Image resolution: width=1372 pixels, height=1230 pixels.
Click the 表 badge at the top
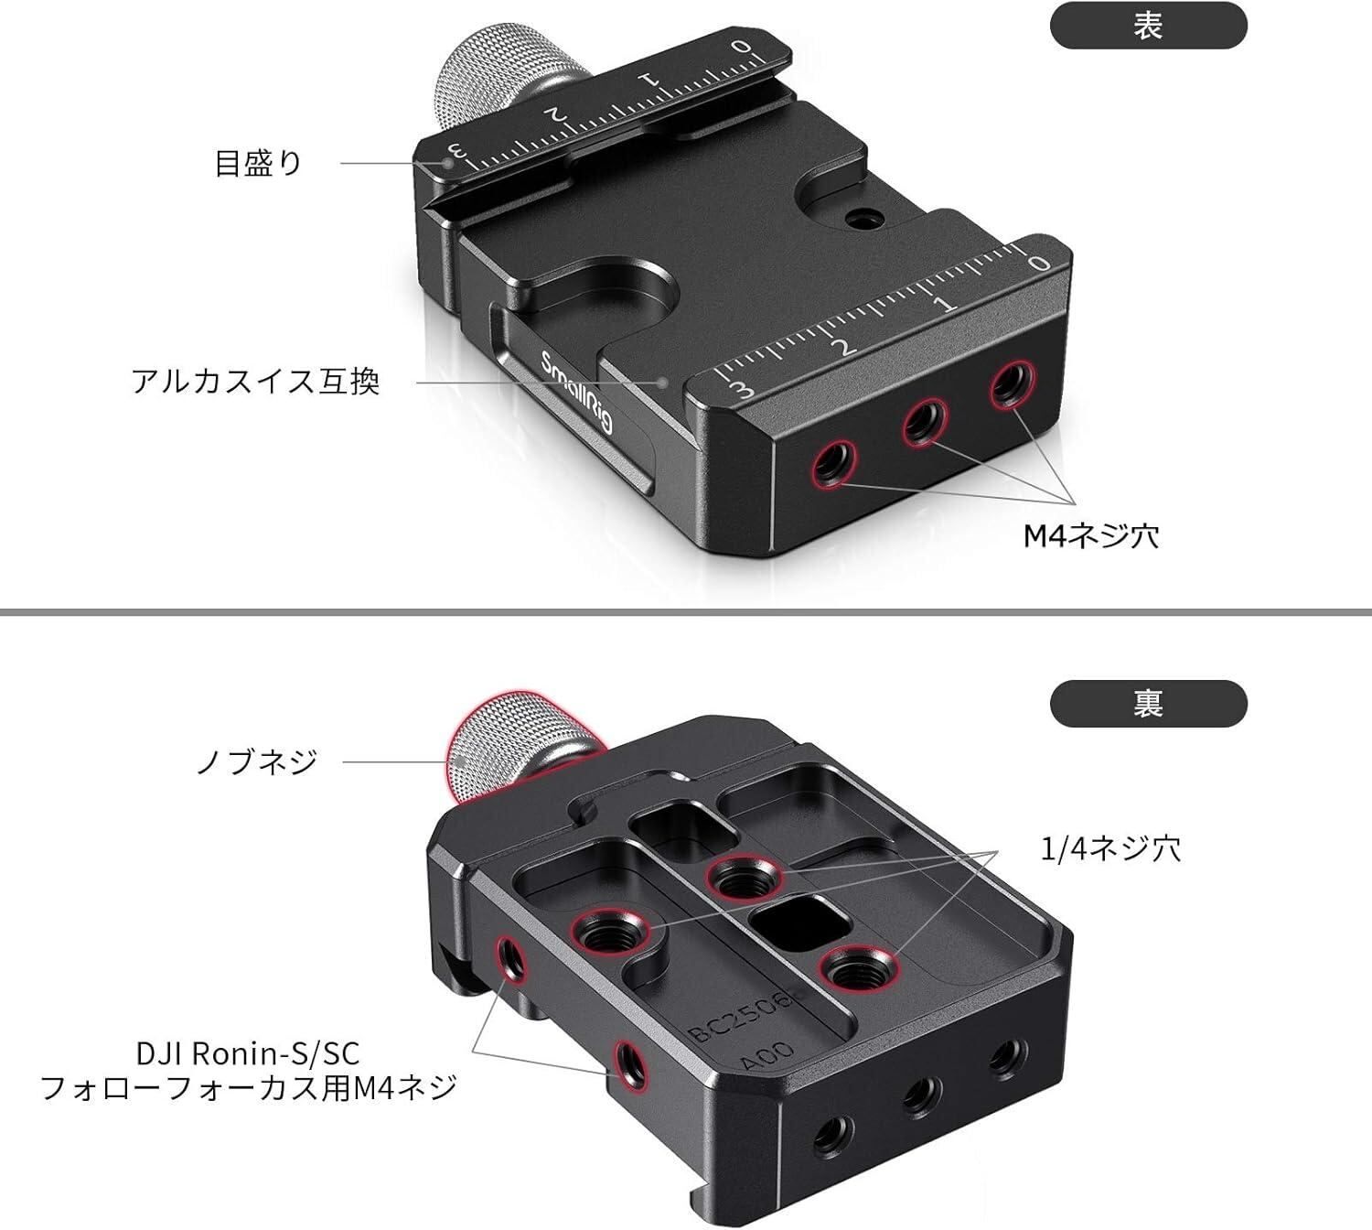point(1148,27)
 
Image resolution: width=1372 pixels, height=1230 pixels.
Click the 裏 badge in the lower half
point(1148,705)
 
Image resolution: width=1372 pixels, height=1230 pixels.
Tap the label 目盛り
point(257,164)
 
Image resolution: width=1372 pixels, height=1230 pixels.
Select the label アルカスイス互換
point(255,381)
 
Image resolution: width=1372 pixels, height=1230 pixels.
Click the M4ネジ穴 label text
point(1090,535)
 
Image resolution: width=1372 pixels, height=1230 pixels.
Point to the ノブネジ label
point(257,761)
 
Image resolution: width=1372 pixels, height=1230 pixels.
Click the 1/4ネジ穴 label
point(1111,849)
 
